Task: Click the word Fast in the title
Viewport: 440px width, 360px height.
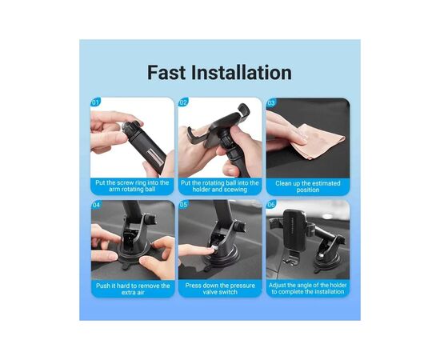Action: pos(166,72)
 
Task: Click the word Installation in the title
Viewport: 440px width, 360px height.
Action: pos(242,72)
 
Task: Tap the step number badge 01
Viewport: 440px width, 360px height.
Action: pos(95,102)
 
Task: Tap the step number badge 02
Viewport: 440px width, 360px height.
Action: pos(183,102)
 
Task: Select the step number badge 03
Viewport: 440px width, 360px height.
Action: pos(271,102)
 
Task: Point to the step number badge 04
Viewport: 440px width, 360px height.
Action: pos(96,205)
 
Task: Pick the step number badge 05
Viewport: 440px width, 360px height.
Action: pos(183,205)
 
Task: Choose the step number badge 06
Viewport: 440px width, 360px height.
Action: pos(271,205)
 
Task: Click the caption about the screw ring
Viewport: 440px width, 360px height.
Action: pos(132,186)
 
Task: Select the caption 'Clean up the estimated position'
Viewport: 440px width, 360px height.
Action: pos(308,186)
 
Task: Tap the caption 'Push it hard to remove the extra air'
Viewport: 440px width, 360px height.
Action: pos(133,289)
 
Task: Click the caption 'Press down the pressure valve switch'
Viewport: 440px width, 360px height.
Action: pos(220,289)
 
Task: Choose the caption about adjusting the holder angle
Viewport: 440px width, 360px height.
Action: pos(308,289)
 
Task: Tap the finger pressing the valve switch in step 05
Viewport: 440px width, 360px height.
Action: pos(198,250)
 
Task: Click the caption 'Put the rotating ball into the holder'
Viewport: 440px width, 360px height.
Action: pos(220,186)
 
